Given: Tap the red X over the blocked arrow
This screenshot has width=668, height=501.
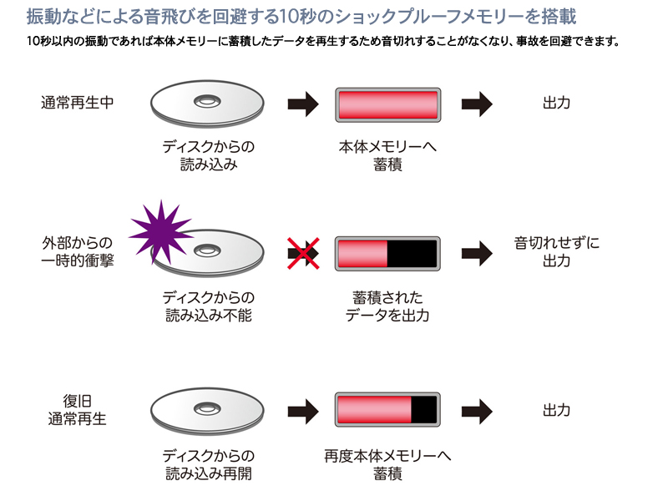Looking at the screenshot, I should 304,254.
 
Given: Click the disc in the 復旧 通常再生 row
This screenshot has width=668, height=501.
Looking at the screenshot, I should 207,410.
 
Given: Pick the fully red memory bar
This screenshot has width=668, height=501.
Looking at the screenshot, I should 387,104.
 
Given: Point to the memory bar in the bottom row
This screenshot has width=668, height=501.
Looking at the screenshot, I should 387,410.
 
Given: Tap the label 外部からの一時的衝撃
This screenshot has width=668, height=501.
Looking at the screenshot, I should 78,251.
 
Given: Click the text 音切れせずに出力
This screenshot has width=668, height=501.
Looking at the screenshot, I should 556,251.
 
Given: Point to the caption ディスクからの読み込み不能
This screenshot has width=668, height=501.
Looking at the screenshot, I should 208,306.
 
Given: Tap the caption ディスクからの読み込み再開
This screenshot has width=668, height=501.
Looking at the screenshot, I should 208,465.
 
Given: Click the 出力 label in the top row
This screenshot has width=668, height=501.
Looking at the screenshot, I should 556,104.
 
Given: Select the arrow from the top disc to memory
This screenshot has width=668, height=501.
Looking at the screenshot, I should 303,104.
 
